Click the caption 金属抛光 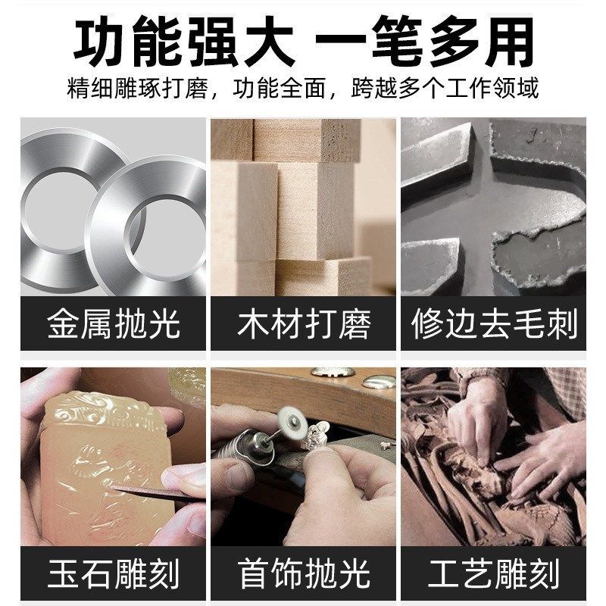pos(114,324)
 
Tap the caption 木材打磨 pos(304,324)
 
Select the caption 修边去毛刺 pos(494,324)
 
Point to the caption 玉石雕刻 pos(114,573)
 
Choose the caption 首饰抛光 pos(304,573)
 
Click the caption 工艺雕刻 pos(494,573)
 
